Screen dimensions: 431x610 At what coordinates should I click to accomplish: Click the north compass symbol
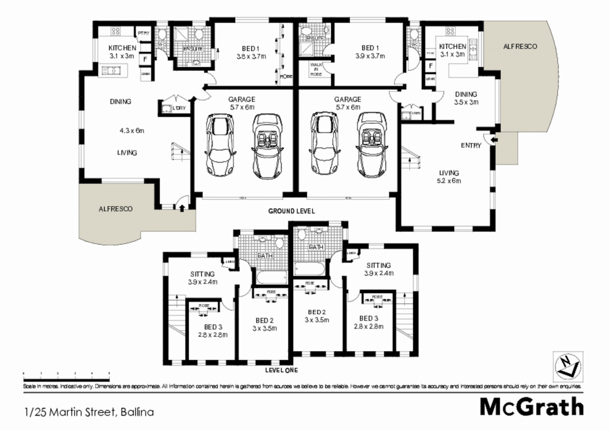565,365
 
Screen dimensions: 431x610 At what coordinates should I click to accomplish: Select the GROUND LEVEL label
291,211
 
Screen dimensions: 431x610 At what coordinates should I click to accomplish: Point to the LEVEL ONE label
281,370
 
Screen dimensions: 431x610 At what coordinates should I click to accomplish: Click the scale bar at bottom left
66,372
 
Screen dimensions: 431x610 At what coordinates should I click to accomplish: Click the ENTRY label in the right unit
471,146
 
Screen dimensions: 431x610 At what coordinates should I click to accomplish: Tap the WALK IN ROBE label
317,68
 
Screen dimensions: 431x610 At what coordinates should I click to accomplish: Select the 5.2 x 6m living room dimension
448,181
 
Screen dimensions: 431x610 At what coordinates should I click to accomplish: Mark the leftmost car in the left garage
220,144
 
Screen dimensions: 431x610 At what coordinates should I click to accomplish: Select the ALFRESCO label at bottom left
115,209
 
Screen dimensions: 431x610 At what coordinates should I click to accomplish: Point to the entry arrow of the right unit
494,141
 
